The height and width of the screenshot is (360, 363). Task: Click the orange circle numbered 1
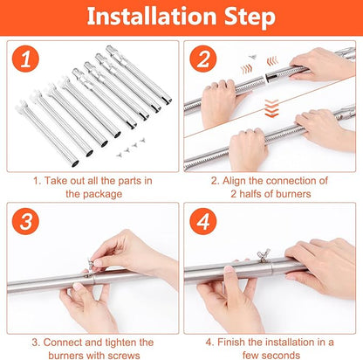(x=25, y=59)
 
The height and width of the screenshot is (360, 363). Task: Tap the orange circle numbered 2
(x=203, y=59)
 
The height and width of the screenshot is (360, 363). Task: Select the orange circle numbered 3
(x=25, y=221)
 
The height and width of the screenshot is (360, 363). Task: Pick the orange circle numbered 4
(x=203, y=221)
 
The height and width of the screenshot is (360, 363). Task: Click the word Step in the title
(x=250, y=17)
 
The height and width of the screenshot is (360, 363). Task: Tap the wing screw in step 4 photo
(x=263, y=255)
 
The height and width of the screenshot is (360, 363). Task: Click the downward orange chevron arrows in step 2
(x=271, y=108)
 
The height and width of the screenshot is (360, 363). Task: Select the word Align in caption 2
(x=234, y=181)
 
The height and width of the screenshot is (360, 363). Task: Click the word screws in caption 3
(x=123, y=356)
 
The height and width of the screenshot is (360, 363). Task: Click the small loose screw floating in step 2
(x=252, y=57)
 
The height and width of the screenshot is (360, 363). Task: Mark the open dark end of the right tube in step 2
(x=272, y=78)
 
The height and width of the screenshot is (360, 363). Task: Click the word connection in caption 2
(x=291, y=181)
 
